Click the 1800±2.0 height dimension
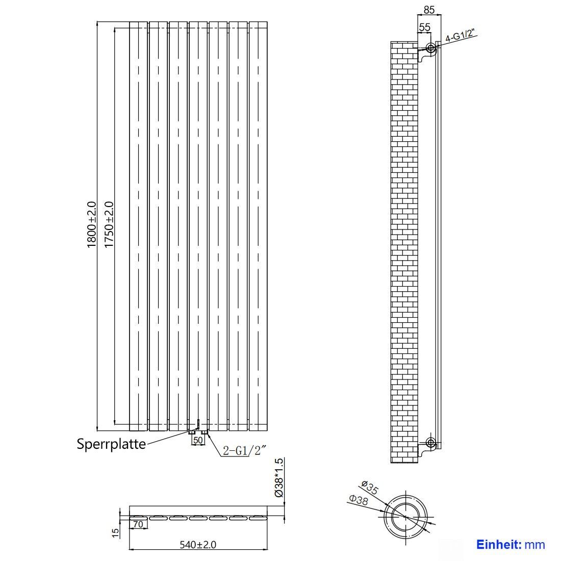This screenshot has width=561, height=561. (x=91, y=224)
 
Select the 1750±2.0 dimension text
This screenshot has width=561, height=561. (x=109, y=224)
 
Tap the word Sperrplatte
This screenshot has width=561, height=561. (x=111, y=444)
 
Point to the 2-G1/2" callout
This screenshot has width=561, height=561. (x=244, y=450)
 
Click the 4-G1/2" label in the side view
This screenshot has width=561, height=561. (x=462, y=36)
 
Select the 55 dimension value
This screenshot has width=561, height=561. (x=424, y=27)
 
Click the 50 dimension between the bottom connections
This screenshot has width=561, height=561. (x=198, y=441)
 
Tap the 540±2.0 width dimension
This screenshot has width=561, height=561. (x=198, y=545)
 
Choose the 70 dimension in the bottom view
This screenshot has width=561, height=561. (x=138, y=524)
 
